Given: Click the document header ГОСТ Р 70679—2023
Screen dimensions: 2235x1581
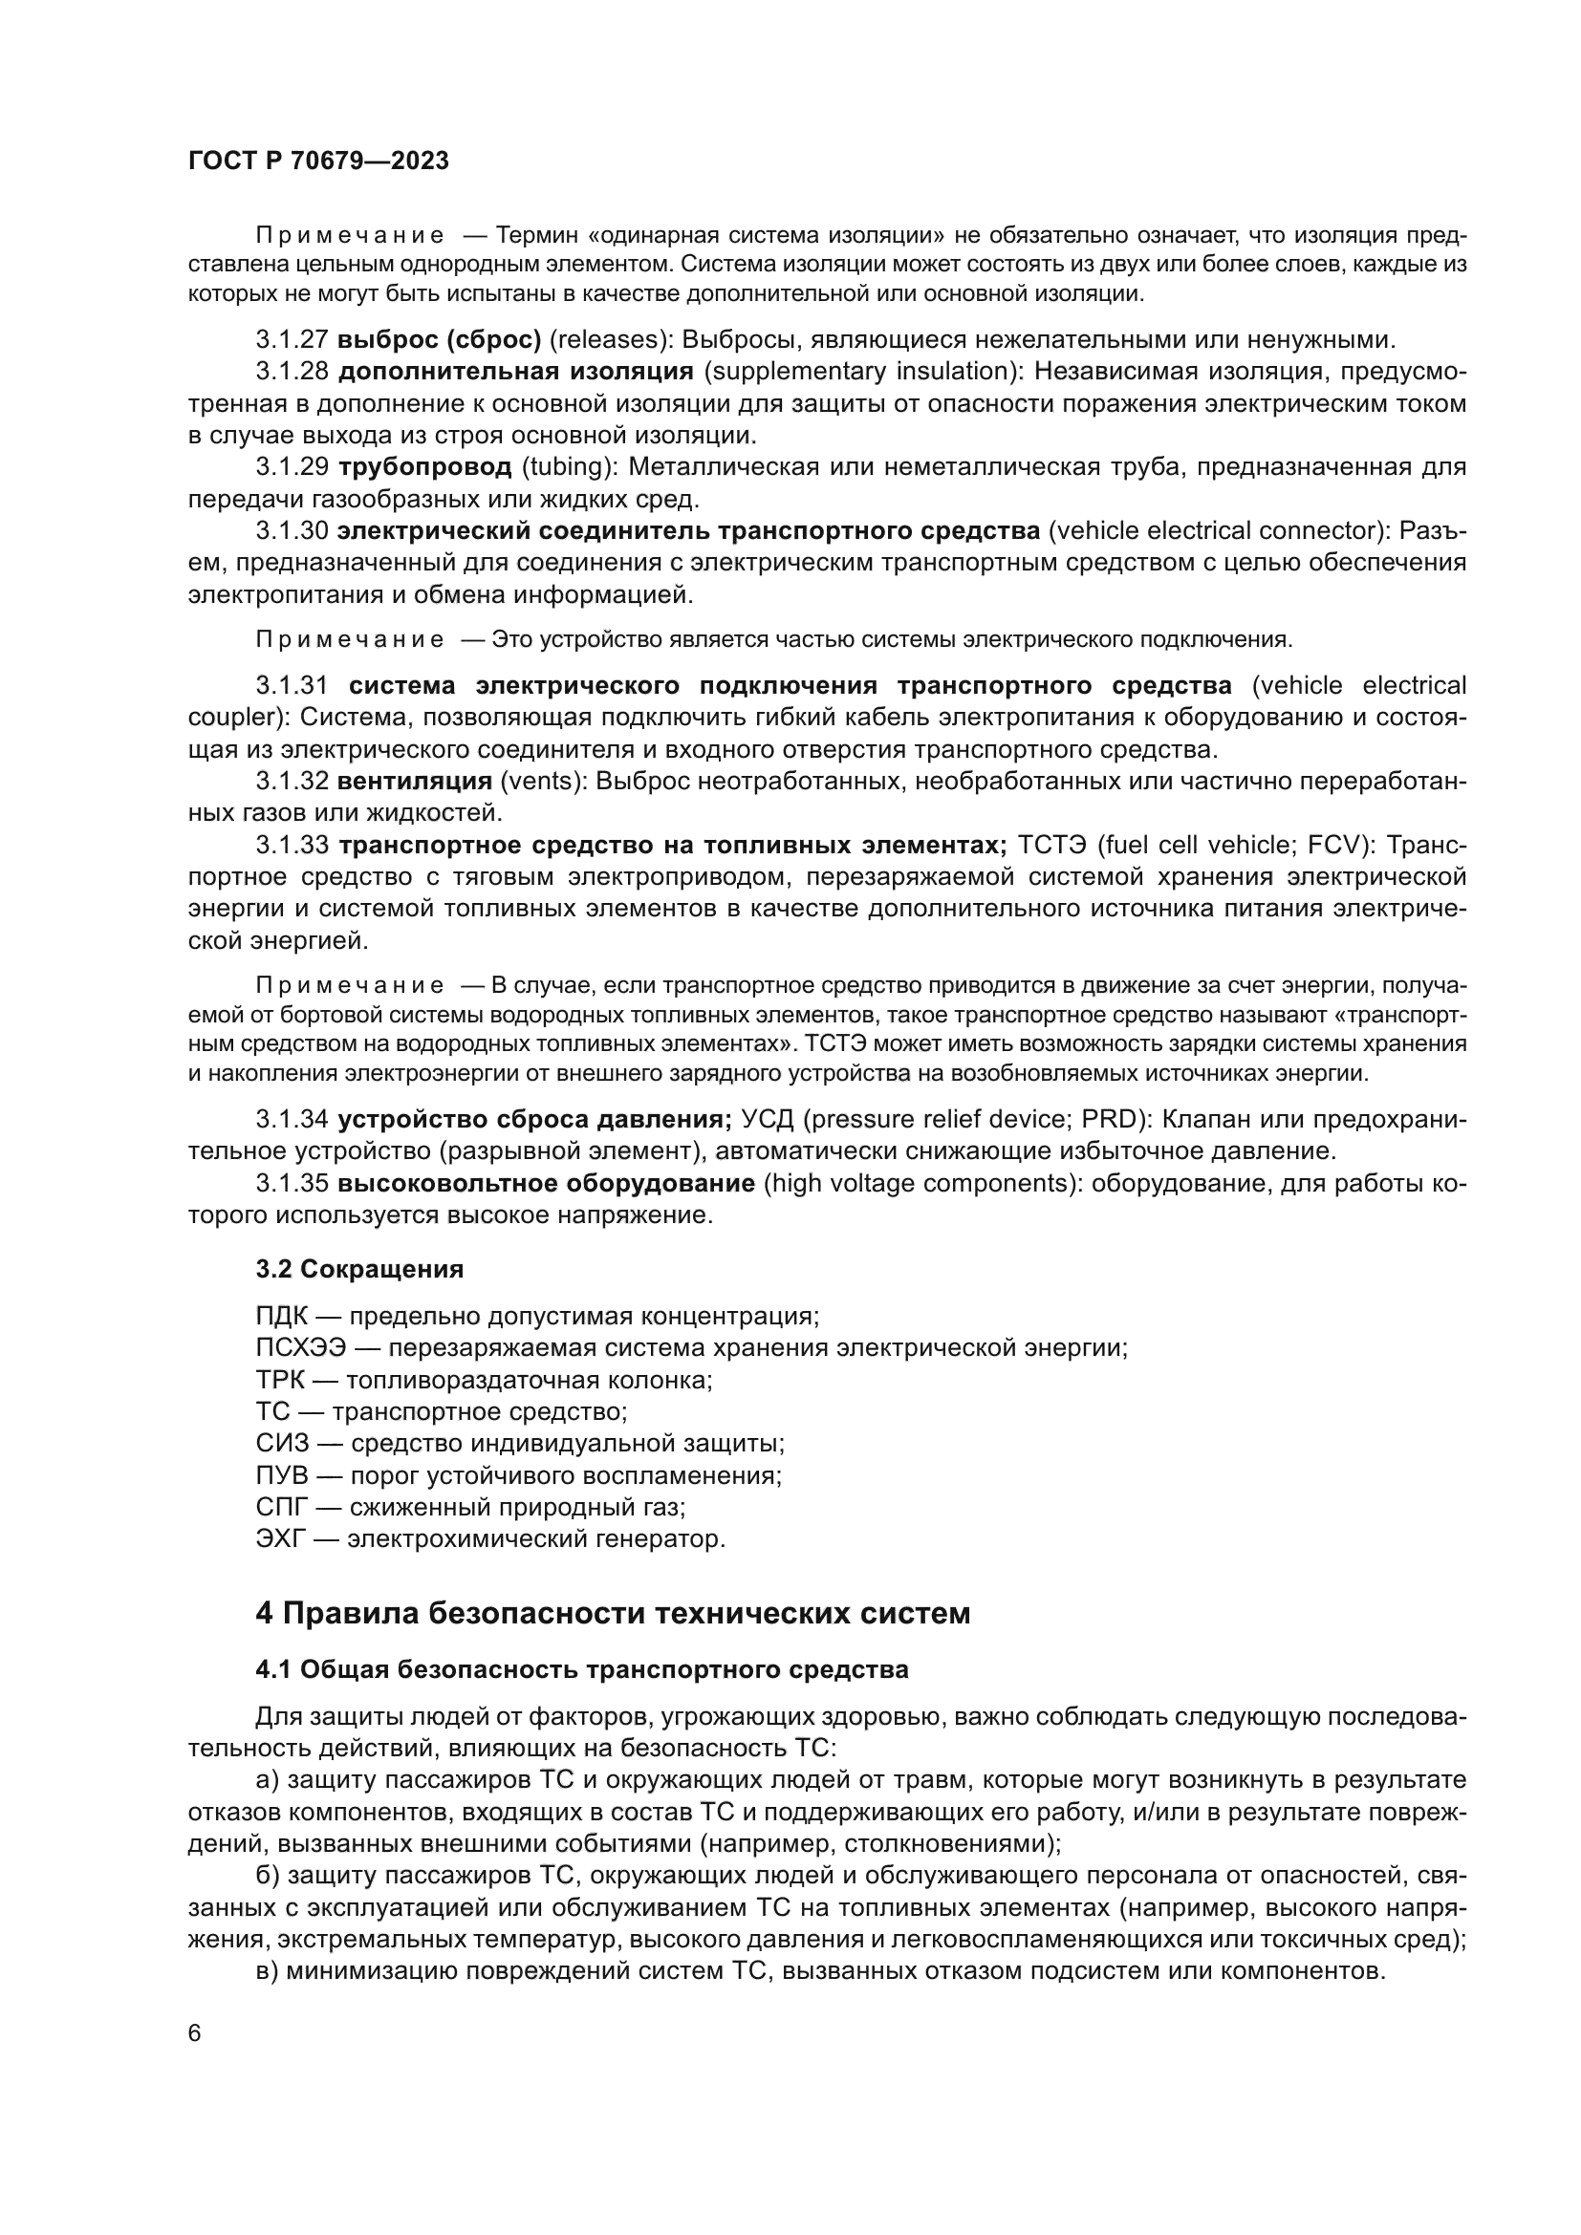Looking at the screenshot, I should [318, 161].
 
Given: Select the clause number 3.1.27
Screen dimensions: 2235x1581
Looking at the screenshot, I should [292, 340].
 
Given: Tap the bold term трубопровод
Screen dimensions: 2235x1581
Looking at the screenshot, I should [424, 467].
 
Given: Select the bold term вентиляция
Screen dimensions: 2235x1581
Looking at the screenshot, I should [415, 782].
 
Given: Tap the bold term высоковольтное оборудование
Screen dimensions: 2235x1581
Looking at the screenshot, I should [546, 1184].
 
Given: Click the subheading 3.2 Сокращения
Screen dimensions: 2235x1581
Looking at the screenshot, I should [359, 1269].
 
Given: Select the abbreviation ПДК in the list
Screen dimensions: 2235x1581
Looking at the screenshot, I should [281, 1317].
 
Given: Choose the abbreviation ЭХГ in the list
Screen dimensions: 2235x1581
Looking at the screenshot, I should [280, 1539].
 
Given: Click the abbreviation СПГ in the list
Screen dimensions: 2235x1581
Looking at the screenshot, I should [280, 1508].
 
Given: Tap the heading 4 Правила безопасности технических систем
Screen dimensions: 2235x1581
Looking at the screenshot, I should [613, 1614].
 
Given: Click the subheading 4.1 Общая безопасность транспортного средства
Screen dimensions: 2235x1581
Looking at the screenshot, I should [581, 1670].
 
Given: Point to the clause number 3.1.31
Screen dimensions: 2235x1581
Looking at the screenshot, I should [292, 686].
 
